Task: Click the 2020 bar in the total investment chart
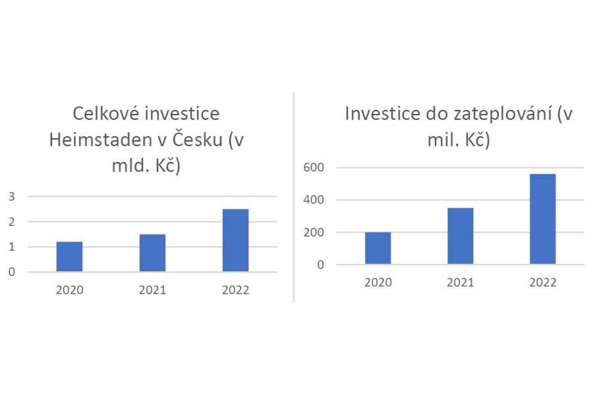(x=69, y=257)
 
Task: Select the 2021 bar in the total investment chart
(x=152, y=253)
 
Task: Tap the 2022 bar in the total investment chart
(x=235, y=240)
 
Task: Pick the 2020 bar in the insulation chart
(x=378, y=248)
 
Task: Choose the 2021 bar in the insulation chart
(x=460, y=236)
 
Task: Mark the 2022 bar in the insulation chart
(x=542, y=219)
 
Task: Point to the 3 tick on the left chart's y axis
(x=11, y=196)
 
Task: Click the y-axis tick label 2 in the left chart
(x=11, y=222)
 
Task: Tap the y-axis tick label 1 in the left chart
(x=11, y=247)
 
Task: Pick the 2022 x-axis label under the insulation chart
(x=542, y=282)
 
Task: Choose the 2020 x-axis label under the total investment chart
(x=69, y=290)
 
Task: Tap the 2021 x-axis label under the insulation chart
(x=460, y=282)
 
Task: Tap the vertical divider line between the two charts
(x=294, y=197)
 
